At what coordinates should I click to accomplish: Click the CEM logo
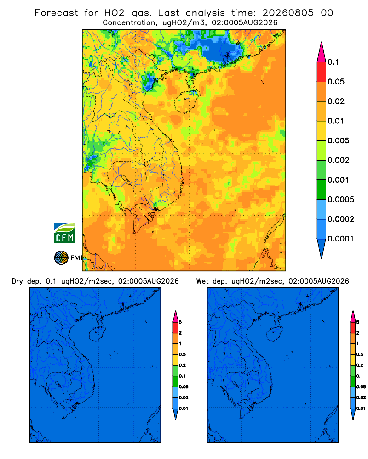coord(64,233)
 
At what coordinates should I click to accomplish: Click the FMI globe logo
coord(61,258)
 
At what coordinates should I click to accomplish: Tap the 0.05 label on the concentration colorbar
coord(336,82)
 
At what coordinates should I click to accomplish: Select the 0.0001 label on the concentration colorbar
coord(341,239)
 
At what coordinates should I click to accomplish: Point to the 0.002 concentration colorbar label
coord(339,160)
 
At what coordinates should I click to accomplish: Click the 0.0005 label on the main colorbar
coord(341,200)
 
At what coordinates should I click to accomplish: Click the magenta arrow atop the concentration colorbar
coord(322,52)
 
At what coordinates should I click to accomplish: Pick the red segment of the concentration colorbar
coord(322,72)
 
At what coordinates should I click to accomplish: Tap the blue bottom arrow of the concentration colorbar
coord(322,248)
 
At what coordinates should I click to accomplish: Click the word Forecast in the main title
coord(56,13)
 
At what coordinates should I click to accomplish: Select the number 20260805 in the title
coord(288,13)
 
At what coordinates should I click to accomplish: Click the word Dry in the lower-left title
coord(17,282)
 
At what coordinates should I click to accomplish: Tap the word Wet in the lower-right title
coord(202,281)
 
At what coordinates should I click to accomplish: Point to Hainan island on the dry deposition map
coord(97,334)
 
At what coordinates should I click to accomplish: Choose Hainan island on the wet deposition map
coord(275,334)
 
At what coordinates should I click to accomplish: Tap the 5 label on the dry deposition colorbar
coord(180,322)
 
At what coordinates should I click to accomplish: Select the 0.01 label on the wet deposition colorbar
coord(361,409)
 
